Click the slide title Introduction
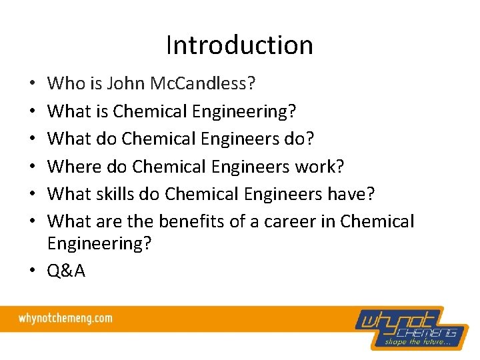(x=239, y=45)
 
